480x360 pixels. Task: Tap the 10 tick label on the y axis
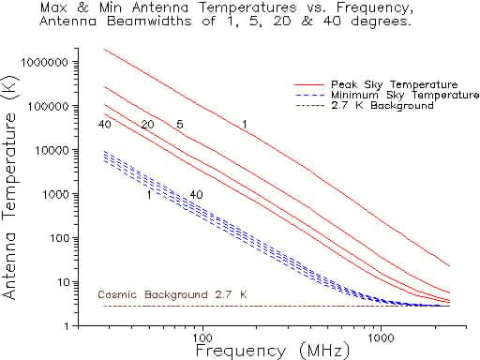(64, 281)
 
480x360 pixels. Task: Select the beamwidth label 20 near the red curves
(147, 125)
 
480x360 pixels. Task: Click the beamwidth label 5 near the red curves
(179, 125)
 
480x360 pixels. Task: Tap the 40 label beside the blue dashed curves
(196, 195)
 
